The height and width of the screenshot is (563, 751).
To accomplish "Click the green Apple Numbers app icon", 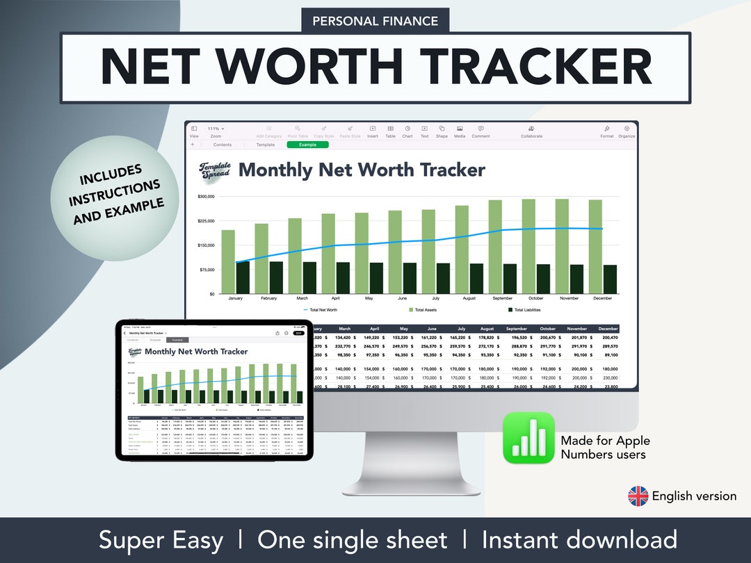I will pos(528,438).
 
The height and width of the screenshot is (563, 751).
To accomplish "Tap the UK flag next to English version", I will pos(638,496).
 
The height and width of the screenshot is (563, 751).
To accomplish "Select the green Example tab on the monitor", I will pos(307,145).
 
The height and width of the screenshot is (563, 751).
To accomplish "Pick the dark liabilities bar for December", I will pos(610,279).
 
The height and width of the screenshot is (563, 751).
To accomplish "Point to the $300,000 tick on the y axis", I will pos(206,197).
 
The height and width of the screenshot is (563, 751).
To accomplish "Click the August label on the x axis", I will pos(469,298).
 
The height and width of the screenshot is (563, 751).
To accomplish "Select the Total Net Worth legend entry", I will pos(321,310).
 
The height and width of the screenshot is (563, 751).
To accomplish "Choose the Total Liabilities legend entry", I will pos(524,310).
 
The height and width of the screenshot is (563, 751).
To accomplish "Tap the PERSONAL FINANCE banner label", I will pos(375,21).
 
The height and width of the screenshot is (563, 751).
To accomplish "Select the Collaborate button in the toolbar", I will pos(531,131).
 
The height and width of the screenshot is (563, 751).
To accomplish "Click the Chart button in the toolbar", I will pos(407,131).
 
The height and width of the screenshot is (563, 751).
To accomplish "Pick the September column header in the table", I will pos(517,329).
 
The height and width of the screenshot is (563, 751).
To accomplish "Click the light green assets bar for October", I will pos(528,246).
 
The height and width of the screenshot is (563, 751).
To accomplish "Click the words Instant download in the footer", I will pos(579,540).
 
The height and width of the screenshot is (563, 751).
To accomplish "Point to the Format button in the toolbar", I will pos(607,131).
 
